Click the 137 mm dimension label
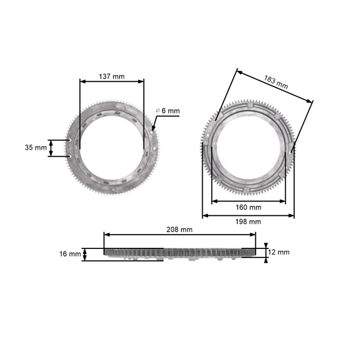(112, 76)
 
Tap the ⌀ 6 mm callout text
(167, 111)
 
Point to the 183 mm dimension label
(275, 82)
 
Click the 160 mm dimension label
(248, 208)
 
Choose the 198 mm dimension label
(248, 222)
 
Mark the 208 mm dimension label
(179, 229)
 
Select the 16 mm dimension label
(70, 254)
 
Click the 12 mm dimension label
(280, 252)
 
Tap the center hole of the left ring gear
(112, 145)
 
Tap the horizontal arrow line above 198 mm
(248, 215)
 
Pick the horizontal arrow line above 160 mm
(248, 200)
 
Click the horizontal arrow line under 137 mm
(112, 82)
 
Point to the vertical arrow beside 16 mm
(85, 254)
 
